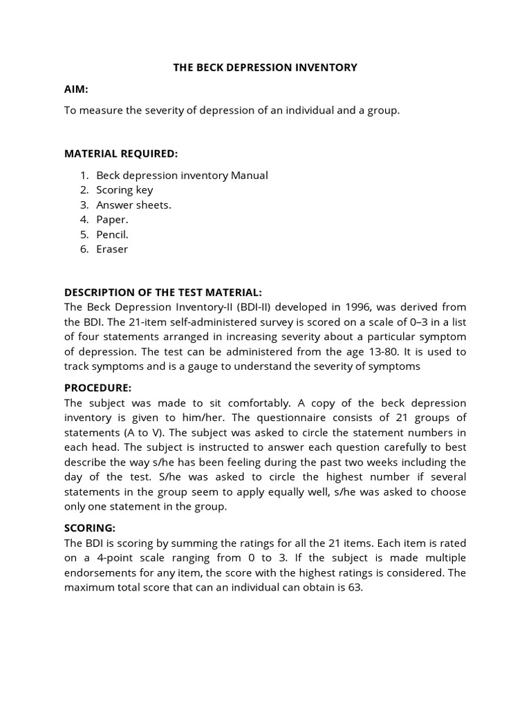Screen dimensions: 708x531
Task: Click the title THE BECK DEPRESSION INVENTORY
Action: [265, 67]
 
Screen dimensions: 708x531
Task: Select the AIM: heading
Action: [76, 89]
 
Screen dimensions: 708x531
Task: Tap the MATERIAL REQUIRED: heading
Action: [121, 153]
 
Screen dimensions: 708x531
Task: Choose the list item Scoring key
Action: [124, 189]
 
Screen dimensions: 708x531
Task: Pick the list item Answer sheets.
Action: [133, 205]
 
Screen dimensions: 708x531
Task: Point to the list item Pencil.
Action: [112, 234]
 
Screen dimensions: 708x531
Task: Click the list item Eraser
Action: [112, 249]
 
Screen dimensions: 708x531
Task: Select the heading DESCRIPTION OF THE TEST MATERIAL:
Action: [163, 292]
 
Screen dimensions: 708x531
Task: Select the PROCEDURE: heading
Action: [97, 388]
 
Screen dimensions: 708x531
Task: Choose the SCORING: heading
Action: [90, 528]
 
